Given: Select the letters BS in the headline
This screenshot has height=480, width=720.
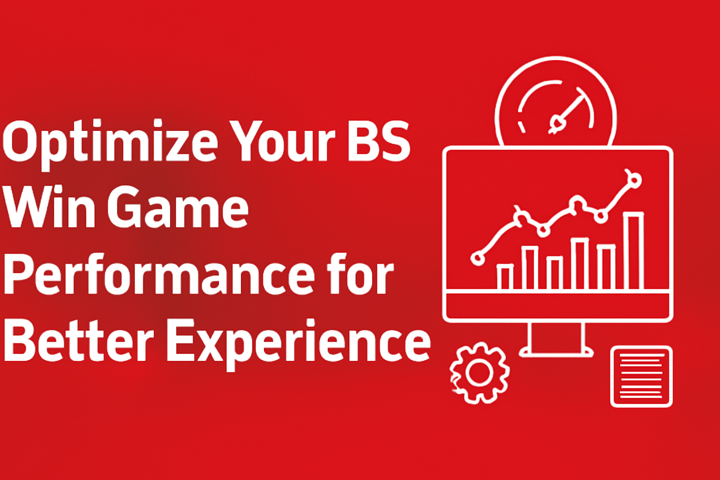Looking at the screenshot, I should coord(379,141).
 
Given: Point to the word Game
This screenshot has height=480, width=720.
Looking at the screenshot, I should coord(178,206).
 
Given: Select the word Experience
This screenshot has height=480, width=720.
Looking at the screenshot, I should coord(298,342).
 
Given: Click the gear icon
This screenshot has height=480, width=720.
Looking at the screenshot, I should coord(479,373).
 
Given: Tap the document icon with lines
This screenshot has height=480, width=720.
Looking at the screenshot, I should coord(641,376).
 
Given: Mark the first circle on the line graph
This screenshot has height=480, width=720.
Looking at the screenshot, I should coord(478,258).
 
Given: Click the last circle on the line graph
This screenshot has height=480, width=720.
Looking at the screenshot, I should coord(634,180).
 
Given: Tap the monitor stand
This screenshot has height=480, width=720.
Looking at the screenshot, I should coord(556,339).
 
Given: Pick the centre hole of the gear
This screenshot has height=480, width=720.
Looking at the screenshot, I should coord(479,373).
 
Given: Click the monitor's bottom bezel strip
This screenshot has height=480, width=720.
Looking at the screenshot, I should coord(557,305).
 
